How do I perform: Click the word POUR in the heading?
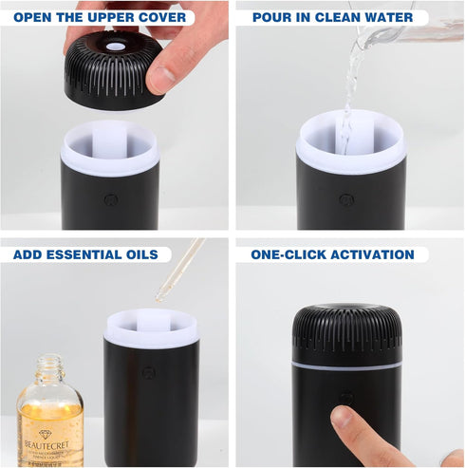[272, 17]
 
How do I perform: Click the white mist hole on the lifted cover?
[114, 45]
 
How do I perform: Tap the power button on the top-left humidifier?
[111, 200]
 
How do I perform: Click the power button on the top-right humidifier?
[346, 200]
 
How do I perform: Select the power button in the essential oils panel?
[148, 372]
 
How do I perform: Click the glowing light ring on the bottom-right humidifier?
[346, 365]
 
